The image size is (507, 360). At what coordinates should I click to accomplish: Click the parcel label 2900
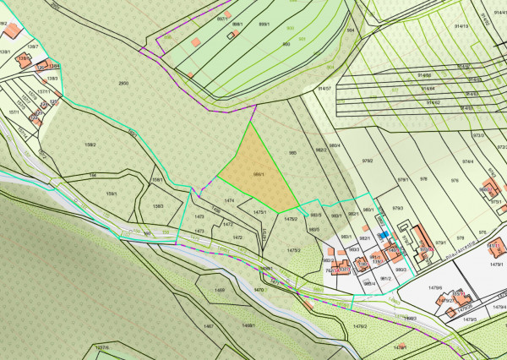[123, 83]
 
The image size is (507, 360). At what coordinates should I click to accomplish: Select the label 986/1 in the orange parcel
[259, 175]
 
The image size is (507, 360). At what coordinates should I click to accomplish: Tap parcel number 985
[292, 153]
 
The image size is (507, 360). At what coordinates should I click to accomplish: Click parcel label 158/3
[157, 206]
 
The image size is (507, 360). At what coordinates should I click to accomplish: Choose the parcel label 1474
[229, 200]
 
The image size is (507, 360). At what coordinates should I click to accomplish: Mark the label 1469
[220, 291]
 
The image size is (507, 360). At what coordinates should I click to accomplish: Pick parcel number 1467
[209, 325]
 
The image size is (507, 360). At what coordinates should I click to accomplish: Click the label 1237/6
[102, 347]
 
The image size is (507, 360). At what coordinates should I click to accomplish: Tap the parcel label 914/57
[324, 88]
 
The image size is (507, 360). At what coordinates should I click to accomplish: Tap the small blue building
[383, 234]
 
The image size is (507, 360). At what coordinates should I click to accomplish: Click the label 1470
[259, 290]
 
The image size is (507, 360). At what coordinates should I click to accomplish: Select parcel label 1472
[237, 238]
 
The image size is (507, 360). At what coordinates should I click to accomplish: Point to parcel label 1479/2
[360, 325]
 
